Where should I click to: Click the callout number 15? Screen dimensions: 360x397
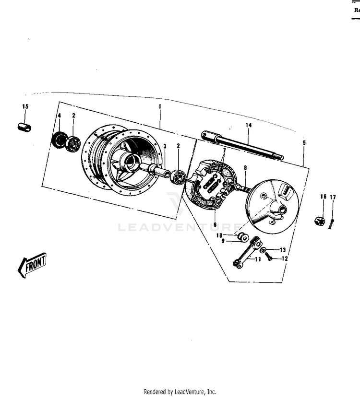(25, 106)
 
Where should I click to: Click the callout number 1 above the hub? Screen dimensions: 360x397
(160, 106)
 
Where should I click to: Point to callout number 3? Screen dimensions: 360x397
(165, 146)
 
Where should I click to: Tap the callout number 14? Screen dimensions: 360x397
(248, 125)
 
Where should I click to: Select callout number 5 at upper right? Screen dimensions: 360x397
(304, 142)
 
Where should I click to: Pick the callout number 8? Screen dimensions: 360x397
(245, 168)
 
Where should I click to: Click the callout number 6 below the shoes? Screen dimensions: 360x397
(215, 224)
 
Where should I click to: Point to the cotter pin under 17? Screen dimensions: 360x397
(332, 221)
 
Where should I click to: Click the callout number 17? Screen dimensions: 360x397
(332, 197)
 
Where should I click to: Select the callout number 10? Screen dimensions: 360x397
(219, 235)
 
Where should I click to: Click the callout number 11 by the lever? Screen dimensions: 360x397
(258, 259)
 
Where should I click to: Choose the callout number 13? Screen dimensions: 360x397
(282, 250)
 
